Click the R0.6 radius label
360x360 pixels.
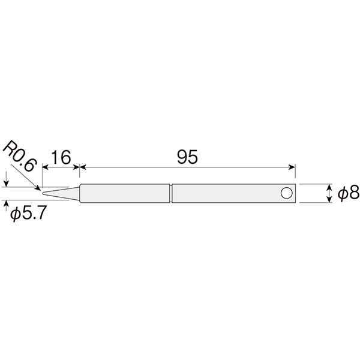pyautogui.click(x=20, y=157)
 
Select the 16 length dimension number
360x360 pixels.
pyautogui.click(x=61, y=157)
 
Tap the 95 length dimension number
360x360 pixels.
pyautogui.click(x=187, y=157)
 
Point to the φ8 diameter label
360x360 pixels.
pyautogui.click(x=348, y=193)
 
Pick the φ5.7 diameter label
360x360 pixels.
pyautogui.click(x=29, y=213)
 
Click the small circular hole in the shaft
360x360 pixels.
pyautogui.click(x=286, y=193)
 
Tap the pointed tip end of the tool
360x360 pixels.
pyautogui.click(x=43, y=193)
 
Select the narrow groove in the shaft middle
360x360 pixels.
pyautogui.click(x=171, y=193)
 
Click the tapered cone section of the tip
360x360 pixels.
pyautogui.click(x=61, y=193)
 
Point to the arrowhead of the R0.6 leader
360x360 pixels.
pyautogui.click(x=38, y=188)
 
